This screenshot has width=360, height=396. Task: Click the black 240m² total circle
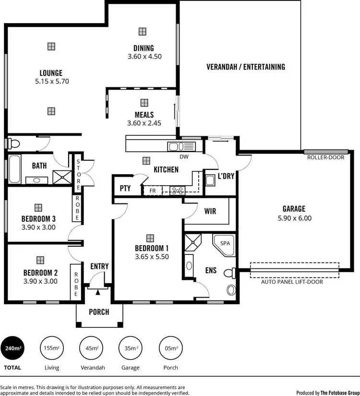13,348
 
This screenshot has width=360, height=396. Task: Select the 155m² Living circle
52,348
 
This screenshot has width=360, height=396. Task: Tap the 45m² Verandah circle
92,348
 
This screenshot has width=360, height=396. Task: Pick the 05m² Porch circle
170,348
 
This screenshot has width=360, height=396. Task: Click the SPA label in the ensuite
225,243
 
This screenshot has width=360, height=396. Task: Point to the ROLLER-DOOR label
325,157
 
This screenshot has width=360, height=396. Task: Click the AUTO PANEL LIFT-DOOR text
292,282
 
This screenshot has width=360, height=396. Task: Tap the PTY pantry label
125,188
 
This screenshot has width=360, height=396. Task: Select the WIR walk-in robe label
210,211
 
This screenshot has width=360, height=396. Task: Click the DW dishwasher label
183,156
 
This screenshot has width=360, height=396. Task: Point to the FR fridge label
153,191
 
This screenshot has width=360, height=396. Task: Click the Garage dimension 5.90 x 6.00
294,218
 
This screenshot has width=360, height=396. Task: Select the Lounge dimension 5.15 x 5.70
52,82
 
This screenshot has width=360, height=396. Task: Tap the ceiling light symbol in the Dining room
143,32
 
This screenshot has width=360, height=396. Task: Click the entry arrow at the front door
98,291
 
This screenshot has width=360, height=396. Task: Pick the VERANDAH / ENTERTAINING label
246,67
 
